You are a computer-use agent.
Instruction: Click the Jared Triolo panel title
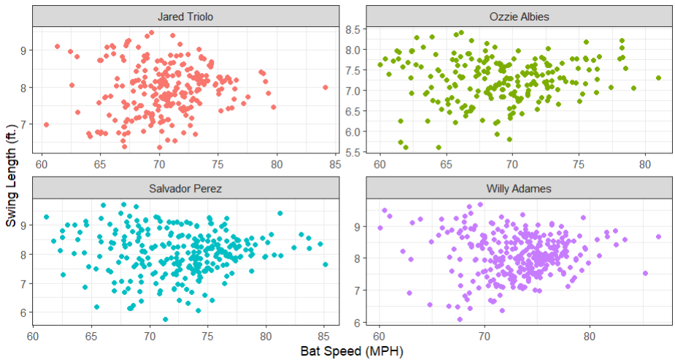[185, 17]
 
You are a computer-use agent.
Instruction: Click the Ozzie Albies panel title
[519, 17]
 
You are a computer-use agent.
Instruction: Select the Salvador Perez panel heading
[185, 188]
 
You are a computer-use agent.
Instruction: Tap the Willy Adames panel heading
[519, 188]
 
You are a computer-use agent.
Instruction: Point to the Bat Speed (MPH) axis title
[351, 351]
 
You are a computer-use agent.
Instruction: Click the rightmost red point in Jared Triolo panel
[325, 88]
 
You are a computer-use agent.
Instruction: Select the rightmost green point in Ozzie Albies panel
[658, 77]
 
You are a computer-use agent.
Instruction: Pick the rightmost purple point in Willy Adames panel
[658, 237]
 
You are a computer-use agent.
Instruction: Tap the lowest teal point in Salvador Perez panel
[166, 319]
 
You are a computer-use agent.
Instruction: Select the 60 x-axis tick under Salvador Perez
[33, 337]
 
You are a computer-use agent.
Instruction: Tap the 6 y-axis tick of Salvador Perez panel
[23, 312]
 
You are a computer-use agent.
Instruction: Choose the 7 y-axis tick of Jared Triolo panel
[23, 124]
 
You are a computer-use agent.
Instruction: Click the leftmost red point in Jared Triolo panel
[46, 125]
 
